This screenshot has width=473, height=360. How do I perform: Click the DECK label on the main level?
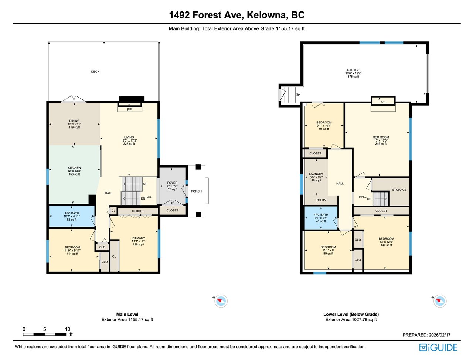pos(95,72)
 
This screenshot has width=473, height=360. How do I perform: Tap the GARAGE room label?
pos(353,70)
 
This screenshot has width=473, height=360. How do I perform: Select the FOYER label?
pos(172,183)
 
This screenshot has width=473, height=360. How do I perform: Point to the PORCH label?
pos(196,191)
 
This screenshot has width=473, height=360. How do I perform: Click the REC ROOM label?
pos(381,137)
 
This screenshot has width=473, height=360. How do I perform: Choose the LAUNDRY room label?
pos(316,174)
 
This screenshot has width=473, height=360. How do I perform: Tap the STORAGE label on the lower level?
pos(399,190)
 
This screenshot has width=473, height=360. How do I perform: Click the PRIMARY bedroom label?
pos(138,238)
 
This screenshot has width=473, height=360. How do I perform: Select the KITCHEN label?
pos(74,167)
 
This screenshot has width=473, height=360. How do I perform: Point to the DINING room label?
pos(74,121)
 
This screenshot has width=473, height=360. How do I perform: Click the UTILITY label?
pos(321,200)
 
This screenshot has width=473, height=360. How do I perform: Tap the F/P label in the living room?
pos(129,109)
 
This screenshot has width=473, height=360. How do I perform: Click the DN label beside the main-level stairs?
pos(143,198)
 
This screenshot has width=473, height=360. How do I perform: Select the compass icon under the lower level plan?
pos(440,301)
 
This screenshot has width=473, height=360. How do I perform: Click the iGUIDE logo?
pos(438,347)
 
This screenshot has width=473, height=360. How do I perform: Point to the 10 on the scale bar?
pos(68,329)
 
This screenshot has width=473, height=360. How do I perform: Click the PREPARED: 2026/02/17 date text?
pos(426,335)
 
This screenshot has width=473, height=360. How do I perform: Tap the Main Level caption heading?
pos(127,314)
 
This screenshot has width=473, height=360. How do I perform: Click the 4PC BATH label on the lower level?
pos(321,215)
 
